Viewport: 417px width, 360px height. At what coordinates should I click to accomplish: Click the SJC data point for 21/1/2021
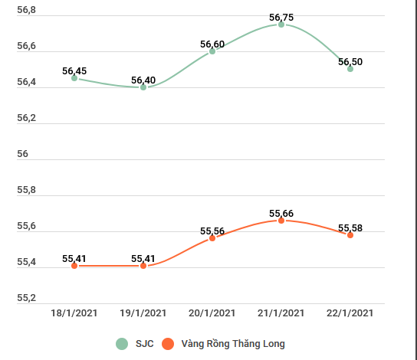[281, 25]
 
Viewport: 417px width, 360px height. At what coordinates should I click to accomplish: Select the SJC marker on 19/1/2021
[143, 87]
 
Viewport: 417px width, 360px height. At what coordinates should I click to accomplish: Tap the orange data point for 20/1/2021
[212, 238]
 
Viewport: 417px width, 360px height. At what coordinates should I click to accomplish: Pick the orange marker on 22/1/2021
[350, 235]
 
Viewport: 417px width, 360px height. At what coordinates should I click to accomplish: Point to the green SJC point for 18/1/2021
[74, 78]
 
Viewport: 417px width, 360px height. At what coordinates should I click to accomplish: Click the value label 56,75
[281, 17]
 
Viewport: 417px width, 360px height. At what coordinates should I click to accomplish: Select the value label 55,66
[281, 213]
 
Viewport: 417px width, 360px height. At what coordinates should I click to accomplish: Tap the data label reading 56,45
[74, 70]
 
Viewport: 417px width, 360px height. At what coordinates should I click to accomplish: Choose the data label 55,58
[350, 227]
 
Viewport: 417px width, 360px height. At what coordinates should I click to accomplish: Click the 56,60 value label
[212, 44]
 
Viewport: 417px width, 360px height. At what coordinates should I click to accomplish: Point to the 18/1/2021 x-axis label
[74, 313]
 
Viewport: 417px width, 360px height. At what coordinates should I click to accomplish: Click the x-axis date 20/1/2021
[212, 313]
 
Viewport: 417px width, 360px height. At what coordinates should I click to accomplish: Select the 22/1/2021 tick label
[350, 313]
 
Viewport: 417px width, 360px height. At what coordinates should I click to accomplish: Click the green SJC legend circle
[122, 344]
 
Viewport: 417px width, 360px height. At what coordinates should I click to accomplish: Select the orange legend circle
[168, 344]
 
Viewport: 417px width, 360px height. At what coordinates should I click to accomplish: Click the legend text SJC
[144, 344]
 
